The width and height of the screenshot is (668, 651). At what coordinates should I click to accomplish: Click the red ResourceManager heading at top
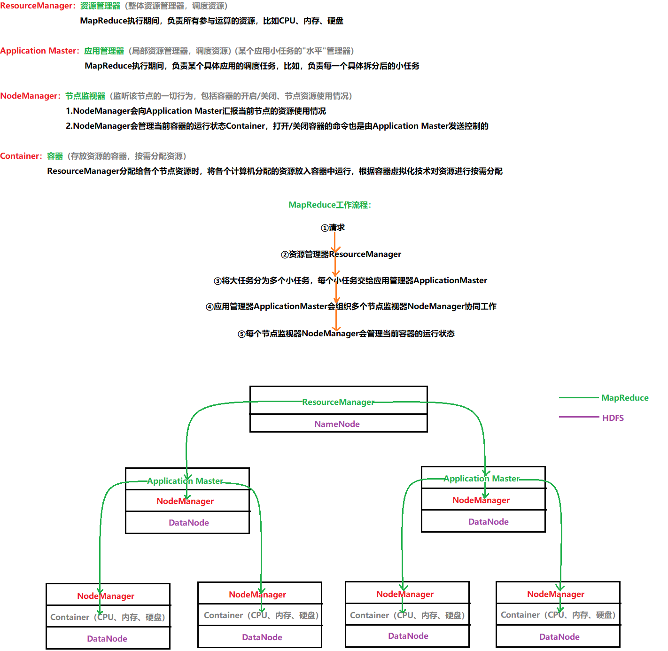[x=37, y=6]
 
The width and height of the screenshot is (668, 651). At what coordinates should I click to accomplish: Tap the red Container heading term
[x=21, y=156]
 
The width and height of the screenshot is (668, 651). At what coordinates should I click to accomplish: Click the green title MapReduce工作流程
[x=330, y=205]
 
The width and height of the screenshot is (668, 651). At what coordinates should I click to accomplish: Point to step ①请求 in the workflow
[x=333, y=228]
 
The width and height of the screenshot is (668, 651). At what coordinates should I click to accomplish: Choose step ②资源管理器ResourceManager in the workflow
[x=341, y=254]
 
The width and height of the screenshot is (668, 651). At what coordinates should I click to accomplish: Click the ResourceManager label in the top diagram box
[x=338, y=402]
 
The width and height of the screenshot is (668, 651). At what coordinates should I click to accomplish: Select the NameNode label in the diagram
[x=337, y=424]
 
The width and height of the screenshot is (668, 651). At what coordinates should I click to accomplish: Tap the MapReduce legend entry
[x=625, y=398]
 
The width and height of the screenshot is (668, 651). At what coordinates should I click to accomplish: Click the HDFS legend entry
[x=613, y=418]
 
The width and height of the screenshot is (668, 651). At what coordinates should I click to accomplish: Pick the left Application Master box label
[x=186, y=481]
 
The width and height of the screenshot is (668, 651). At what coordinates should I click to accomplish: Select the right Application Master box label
[x=482, y=479]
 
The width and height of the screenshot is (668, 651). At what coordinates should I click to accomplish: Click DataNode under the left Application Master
[x=189, y=523]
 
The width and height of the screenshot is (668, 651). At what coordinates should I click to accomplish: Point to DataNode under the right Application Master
[x=489, y=522]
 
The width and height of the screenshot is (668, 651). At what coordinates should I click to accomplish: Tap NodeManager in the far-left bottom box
[x=106, y=596]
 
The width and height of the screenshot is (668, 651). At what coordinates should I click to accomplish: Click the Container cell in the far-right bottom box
[x=558, y=615]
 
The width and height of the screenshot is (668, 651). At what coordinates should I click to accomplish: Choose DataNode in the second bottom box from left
[x=262, y=637]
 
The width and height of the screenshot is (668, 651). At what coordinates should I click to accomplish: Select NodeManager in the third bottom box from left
[x=405, y=594]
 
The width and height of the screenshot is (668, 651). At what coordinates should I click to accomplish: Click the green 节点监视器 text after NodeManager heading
[x=85, y=96]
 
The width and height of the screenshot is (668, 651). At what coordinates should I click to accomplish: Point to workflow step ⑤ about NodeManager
[x=346, y=333]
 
